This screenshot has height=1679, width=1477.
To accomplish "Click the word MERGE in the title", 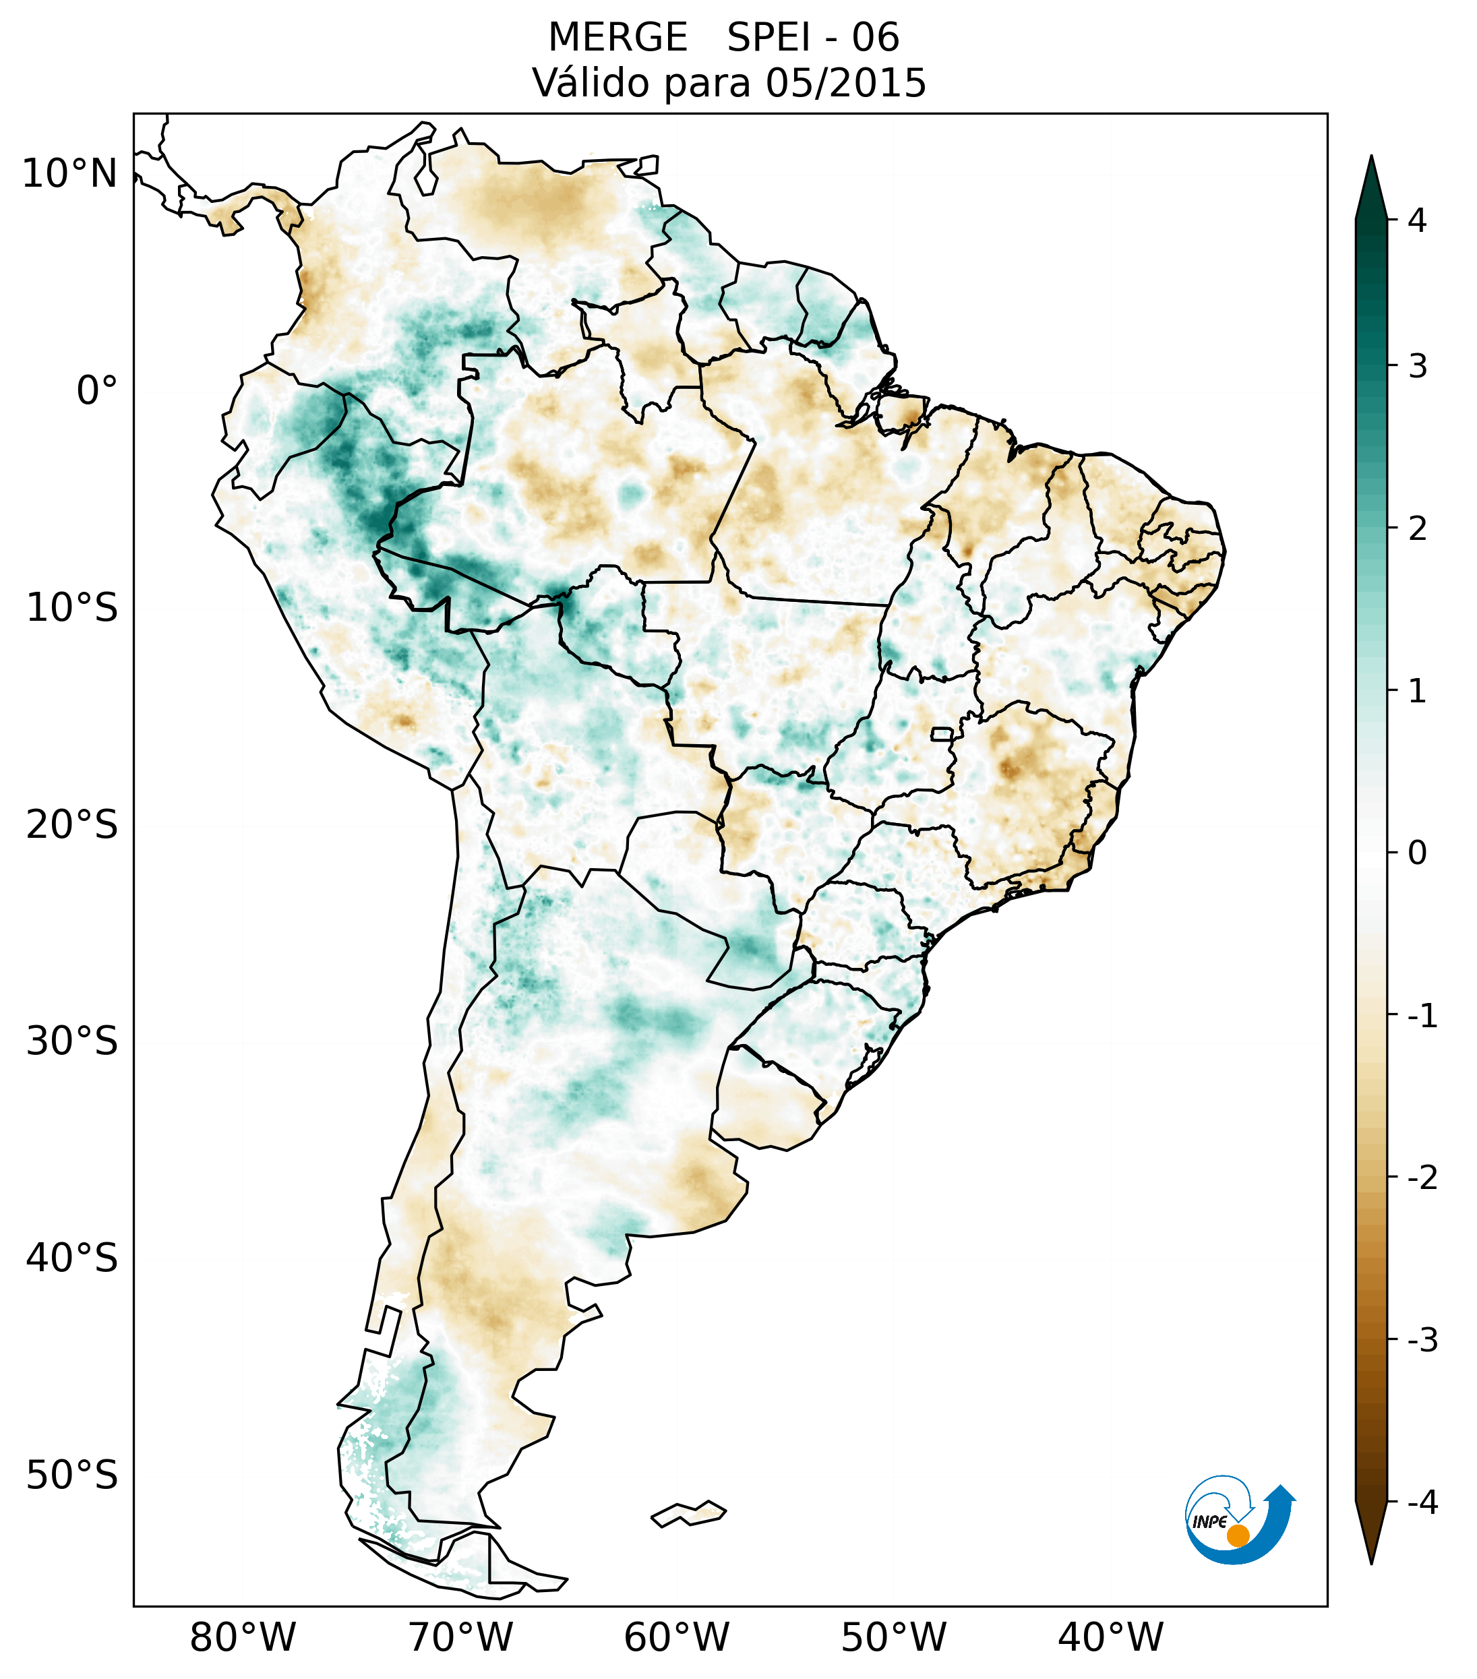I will [x=617, y=38].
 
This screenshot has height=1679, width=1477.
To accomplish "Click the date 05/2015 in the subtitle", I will [x=845, y=83].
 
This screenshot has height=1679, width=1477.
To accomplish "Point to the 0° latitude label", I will [x=97, y=391].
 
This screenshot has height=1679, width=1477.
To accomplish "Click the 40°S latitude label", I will [x=72, y=1258].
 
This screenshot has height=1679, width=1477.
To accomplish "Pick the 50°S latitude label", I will [x=72, y=1475].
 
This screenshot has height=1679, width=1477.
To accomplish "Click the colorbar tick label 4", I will [x=1417, y=220].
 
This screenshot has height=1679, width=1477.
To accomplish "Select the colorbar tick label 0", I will [x=1417, y=853].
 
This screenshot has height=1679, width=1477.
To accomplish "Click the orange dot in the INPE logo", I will [x=1238, y=1535].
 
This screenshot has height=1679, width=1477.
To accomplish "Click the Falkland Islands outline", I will [x=689, y=1513].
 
